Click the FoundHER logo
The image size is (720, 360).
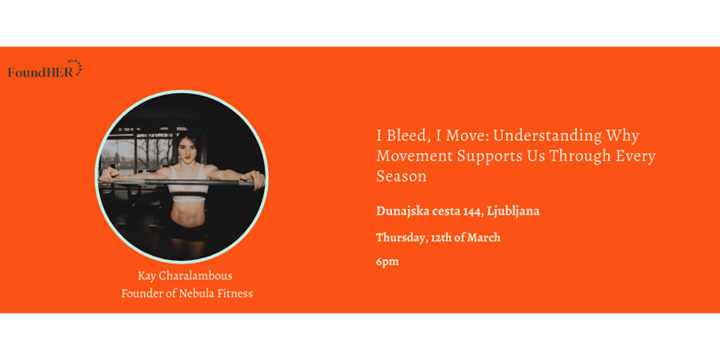point(45,70)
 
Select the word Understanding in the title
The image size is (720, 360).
point(547,136)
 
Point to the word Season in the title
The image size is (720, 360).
point(401,176)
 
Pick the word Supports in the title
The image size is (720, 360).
point(490,157)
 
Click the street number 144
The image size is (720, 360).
point(473,211)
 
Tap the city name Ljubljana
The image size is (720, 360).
point(513,211)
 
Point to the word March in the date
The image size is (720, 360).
point(484,238)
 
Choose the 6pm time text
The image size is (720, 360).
point(388,262)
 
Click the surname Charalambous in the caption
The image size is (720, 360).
point(196,275)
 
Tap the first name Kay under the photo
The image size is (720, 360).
point(147,276)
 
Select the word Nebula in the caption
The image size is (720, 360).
point(196,293)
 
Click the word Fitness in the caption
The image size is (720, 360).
point(235,293)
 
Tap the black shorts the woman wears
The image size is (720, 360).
point(187,230)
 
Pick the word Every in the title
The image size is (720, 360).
point(636,157)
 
